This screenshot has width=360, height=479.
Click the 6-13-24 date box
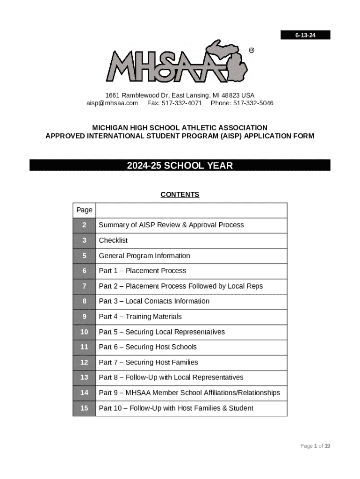pyautogui.click(x=305, y=35)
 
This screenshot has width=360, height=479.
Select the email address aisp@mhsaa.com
pyautogui.click(x=112, y=103)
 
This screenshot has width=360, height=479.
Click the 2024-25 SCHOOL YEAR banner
pyautogui.click(x=180, y=166)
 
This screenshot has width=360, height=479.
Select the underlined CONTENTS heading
pyautogui.click(x=180, y=195)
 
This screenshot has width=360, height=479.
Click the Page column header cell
pyautogui.click(x=84, y=210)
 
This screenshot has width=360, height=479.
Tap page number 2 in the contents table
pyautogui.click(x=84, y=225)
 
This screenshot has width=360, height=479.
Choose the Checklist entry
pyautogui.click(x=113, y=240)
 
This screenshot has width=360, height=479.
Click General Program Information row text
pyautogui.click(x=144, y=256)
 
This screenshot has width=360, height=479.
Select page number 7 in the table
pyautogui.click(x=84, y=286)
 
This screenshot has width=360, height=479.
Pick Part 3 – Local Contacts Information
pyautogui.click(x=154, y=301)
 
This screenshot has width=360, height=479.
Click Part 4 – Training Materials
pyautogui.click(x=140, y=317)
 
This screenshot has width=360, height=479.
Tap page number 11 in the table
pyautogui.click(x=84, y=347)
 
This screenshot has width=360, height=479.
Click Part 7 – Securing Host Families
pyautogui.click(x=148, y=363)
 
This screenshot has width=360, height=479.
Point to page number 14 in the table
pyautogui.click(x=84, y=393)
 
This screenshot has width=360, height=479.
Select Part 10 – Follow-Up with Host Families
pyautogui.click(x=176, y=408)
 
